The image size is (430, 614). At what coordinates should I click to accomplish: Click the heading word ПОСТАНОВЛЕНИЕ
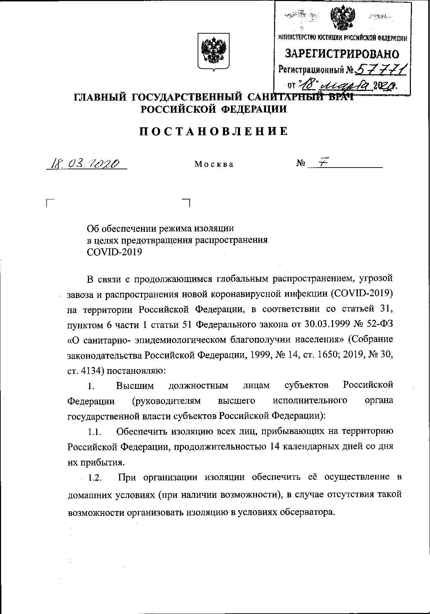tap(214, 131)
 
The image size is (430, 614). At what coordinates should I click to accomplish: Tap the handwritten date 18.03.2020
tap(86, 163)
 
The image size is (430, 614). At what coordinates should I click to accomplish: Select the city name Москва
tap(214, 164)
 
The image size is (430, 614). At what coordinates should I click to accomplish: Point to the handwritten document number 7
tap(322, 163)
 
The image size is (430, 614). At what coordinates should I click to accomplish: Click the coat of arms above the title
tap(214, 52)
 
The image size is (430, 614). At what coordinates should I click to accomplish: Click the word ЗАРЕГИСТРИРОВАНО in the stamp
tap(342, 54)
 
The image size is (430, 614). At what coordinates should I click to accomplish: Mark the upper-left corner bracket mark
tap(49, 202)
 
